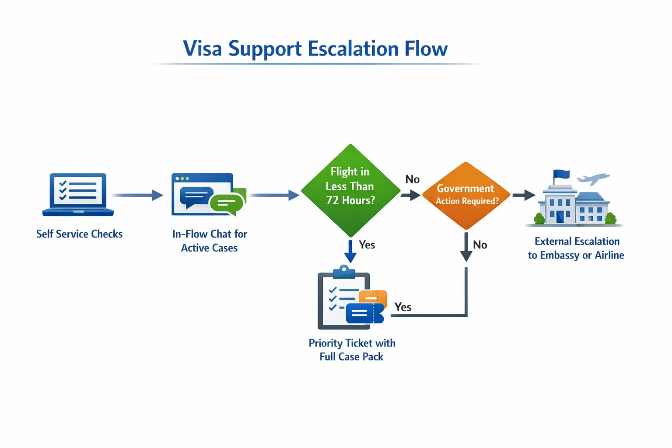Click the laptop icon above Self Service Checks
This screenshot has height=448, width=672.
[x=78, y=194]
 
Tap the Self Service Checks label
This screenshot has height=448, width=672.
[x=79, y=234]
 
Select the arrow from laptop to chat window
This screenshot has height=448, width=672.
[x=138, y=195]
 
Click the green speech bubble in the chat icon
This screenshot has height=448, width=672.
[x=226, y=203]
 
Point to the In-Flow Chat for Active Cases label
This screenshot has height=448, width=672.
[x=210, y=241]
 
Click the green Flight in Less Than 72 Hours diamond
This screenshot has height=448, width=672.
[x=350, y=190]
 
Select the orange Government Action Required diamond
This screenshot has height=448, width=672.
[x=466, y=195]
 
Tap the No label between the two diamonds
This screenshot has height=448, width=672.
[x=412, y=179]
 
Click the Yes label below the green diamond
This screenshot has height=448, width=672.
[x=367, y=245]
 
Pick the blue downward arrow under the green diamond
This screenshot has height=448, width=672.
[x=350, y=252]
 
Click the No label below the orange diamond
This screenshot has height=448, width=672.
[x=480, y=245]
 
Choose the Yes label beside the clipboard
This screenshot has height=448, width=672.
[x=402, y=307]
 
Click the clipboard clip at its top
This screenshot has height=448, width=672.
[x=344, y=271]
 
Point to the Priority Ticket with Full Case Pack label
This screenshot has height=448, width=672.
[x=352, y=350]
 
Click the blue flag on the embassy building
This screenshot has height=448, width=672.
[x=562, y=175]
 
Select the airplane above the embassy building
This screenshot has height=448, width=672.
[x=593, y=178]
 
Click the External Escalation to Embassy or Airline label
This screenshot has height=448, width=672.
[x=576, y=248]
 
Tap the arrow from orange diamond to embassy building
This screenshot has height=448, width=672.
[x=524, y=195]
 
